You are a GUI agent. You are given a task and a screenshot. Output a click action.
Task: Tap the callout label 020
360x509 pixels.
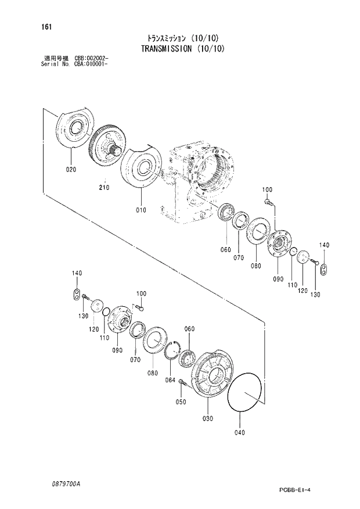[x=70, y=170]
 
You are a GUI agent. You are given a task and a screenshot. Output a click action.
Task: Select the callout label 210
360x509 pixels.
[x=104, y=188]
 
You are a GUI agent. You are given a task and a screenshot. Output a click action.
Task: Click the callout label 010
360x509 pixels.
[x=141, y=210]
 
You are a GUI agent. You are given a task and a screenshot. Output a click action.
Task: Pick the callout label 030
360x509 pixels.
[x=208, y=418]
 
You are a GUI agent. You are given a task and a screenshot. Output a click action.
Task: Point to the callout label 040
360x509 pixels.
[x=240, y=432]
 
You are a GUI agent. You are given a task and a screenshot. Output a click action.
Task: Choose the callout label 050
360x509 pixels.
[x=181, y=402]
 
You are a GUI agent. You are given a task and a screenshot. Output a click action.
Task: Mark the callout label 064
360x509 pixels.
[x=170, y=381]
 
